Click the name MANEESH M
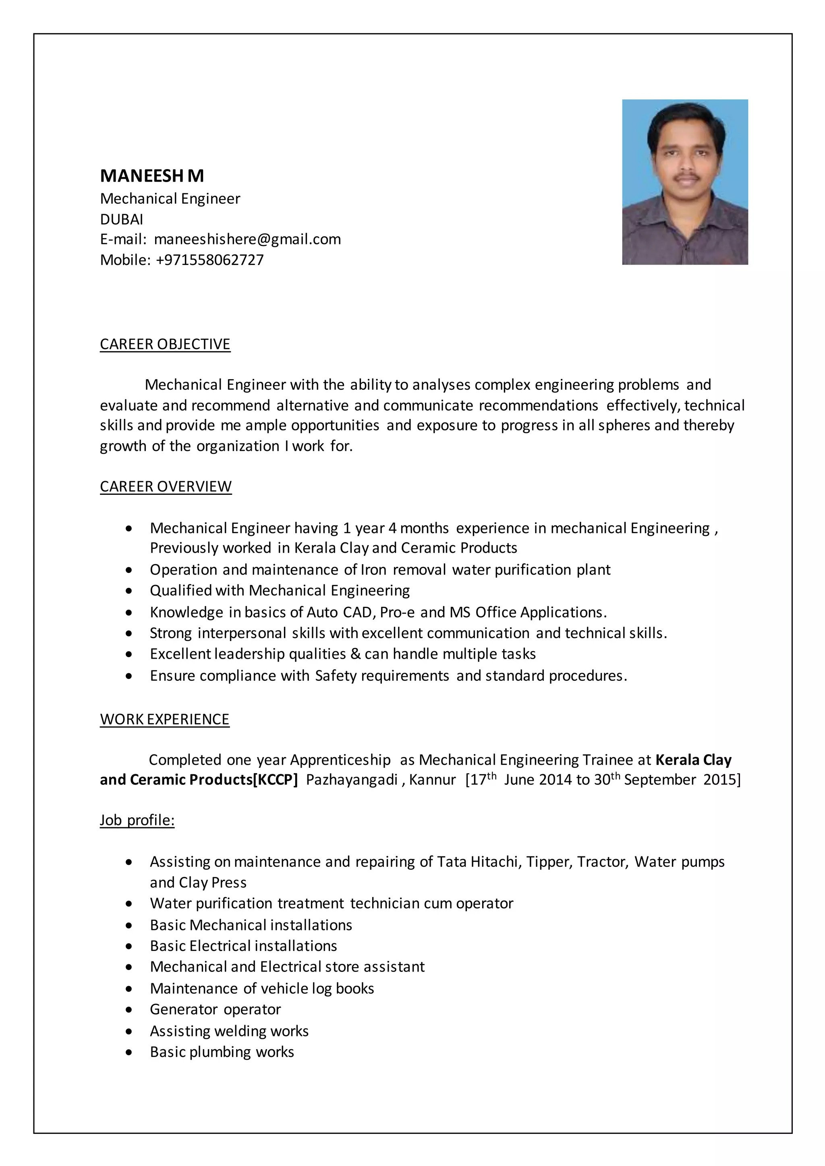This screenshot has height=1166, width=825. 152,176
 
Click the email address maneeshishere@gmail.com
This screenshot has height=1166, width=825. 247,239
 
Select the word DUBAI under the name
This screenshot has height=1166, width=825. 121,219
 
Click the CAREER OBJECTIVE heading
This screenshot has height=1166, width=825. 165,344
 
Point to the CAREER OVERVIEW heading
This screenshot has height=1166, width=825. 166,486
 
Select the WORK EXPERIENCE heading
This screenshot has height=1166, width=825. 165,719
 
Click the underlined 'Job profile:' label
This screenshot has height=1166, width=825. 137,820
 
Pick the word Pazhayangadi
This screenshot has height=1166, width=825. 352,780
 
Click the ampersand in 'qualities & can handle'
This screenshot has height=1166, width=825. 355,654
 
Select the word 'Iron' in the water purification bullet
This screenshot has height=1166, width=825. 373,570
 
